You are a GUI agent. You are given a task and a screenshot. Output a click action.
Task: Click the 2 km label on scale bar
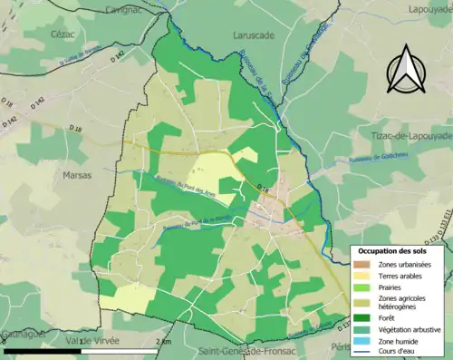(162, 342)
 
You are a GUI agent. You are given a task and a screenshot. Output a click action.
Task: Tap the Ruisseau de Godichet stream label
(364, 161)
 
